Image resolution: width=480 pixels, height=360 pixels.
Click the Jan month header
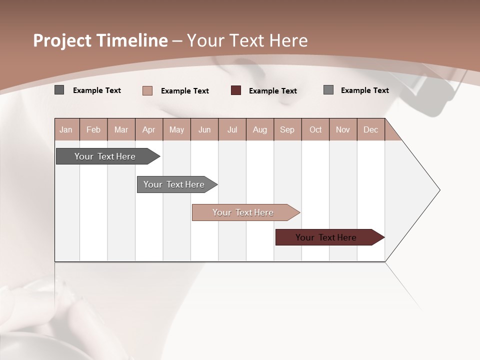tap(66, 129)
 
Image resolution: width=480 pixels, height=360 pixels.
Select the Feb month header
tap(93, 129)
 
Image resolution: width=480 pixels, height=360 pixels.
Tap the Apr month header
tap(148, 129)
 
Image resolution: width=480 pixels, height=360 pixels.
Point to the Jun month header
tap(204, 129)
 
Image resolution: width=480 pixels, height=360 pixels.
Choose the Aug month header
tap(259, 129)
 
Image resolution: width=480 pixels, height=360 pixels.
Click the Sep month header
tap(287, 129)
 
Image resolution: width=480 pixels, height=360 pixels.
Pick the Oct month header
tap(315, 129)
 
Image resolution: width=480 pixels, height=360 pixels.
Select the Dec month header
tap(370, 129)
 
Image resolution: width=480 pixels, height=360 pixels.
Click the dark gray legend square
tap(59, 90)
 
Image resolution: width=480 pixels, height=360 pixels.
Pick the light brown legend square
tap(147, 90)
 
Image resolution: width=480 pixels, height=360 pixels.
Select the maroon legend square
tap(236, 90)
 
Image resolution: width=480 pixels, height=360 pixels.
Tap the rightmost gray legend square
tap(328, 90)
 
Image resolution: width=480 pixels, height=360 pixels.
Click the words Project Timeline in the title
tap(100, 40)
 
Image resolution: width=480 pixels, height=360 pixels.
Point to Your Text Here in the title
tap(247, 40)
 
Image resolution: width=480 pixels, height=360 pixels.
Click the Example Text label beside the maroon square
tap(272, 91)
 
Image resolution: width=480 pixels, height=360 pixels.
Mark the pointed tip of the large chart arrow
tap(439, 190)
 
